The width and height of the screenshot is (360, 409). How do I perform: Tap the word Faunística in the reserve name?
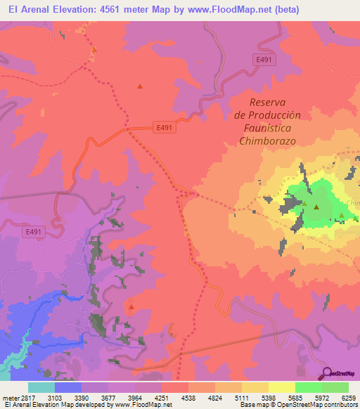click(x=266, y=128)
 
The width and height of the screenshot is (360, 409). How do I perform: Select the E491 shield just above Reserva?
click(x=264, y=60)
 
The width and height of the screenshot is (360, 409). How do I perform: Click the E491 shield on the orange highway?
click(x=163, y=127)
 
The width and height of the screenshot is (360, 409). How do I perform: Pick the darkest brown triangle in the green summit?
click(x=316, y=208)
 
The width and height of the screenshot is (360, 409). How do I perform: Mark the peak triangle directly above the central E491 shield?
click(x=140, y=86)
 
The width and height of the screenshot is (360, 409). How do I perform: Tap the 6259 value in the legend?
click(x=349, y=398)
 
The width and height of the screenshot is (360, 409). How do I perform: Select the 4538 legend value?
click(x=188, y=398)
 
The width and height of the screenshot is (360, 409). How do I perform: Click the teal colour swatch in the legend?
click(x=41, y=387)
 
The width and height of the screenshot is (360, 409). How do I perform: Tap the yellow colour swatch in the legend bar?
click(x=281, y=387)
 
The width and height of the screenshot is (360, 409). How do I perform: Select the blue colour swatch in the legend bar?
click(x=68, y=387)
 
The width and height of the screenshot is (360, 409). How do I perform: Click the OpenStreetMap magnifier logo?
click(x=328, y=372)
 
